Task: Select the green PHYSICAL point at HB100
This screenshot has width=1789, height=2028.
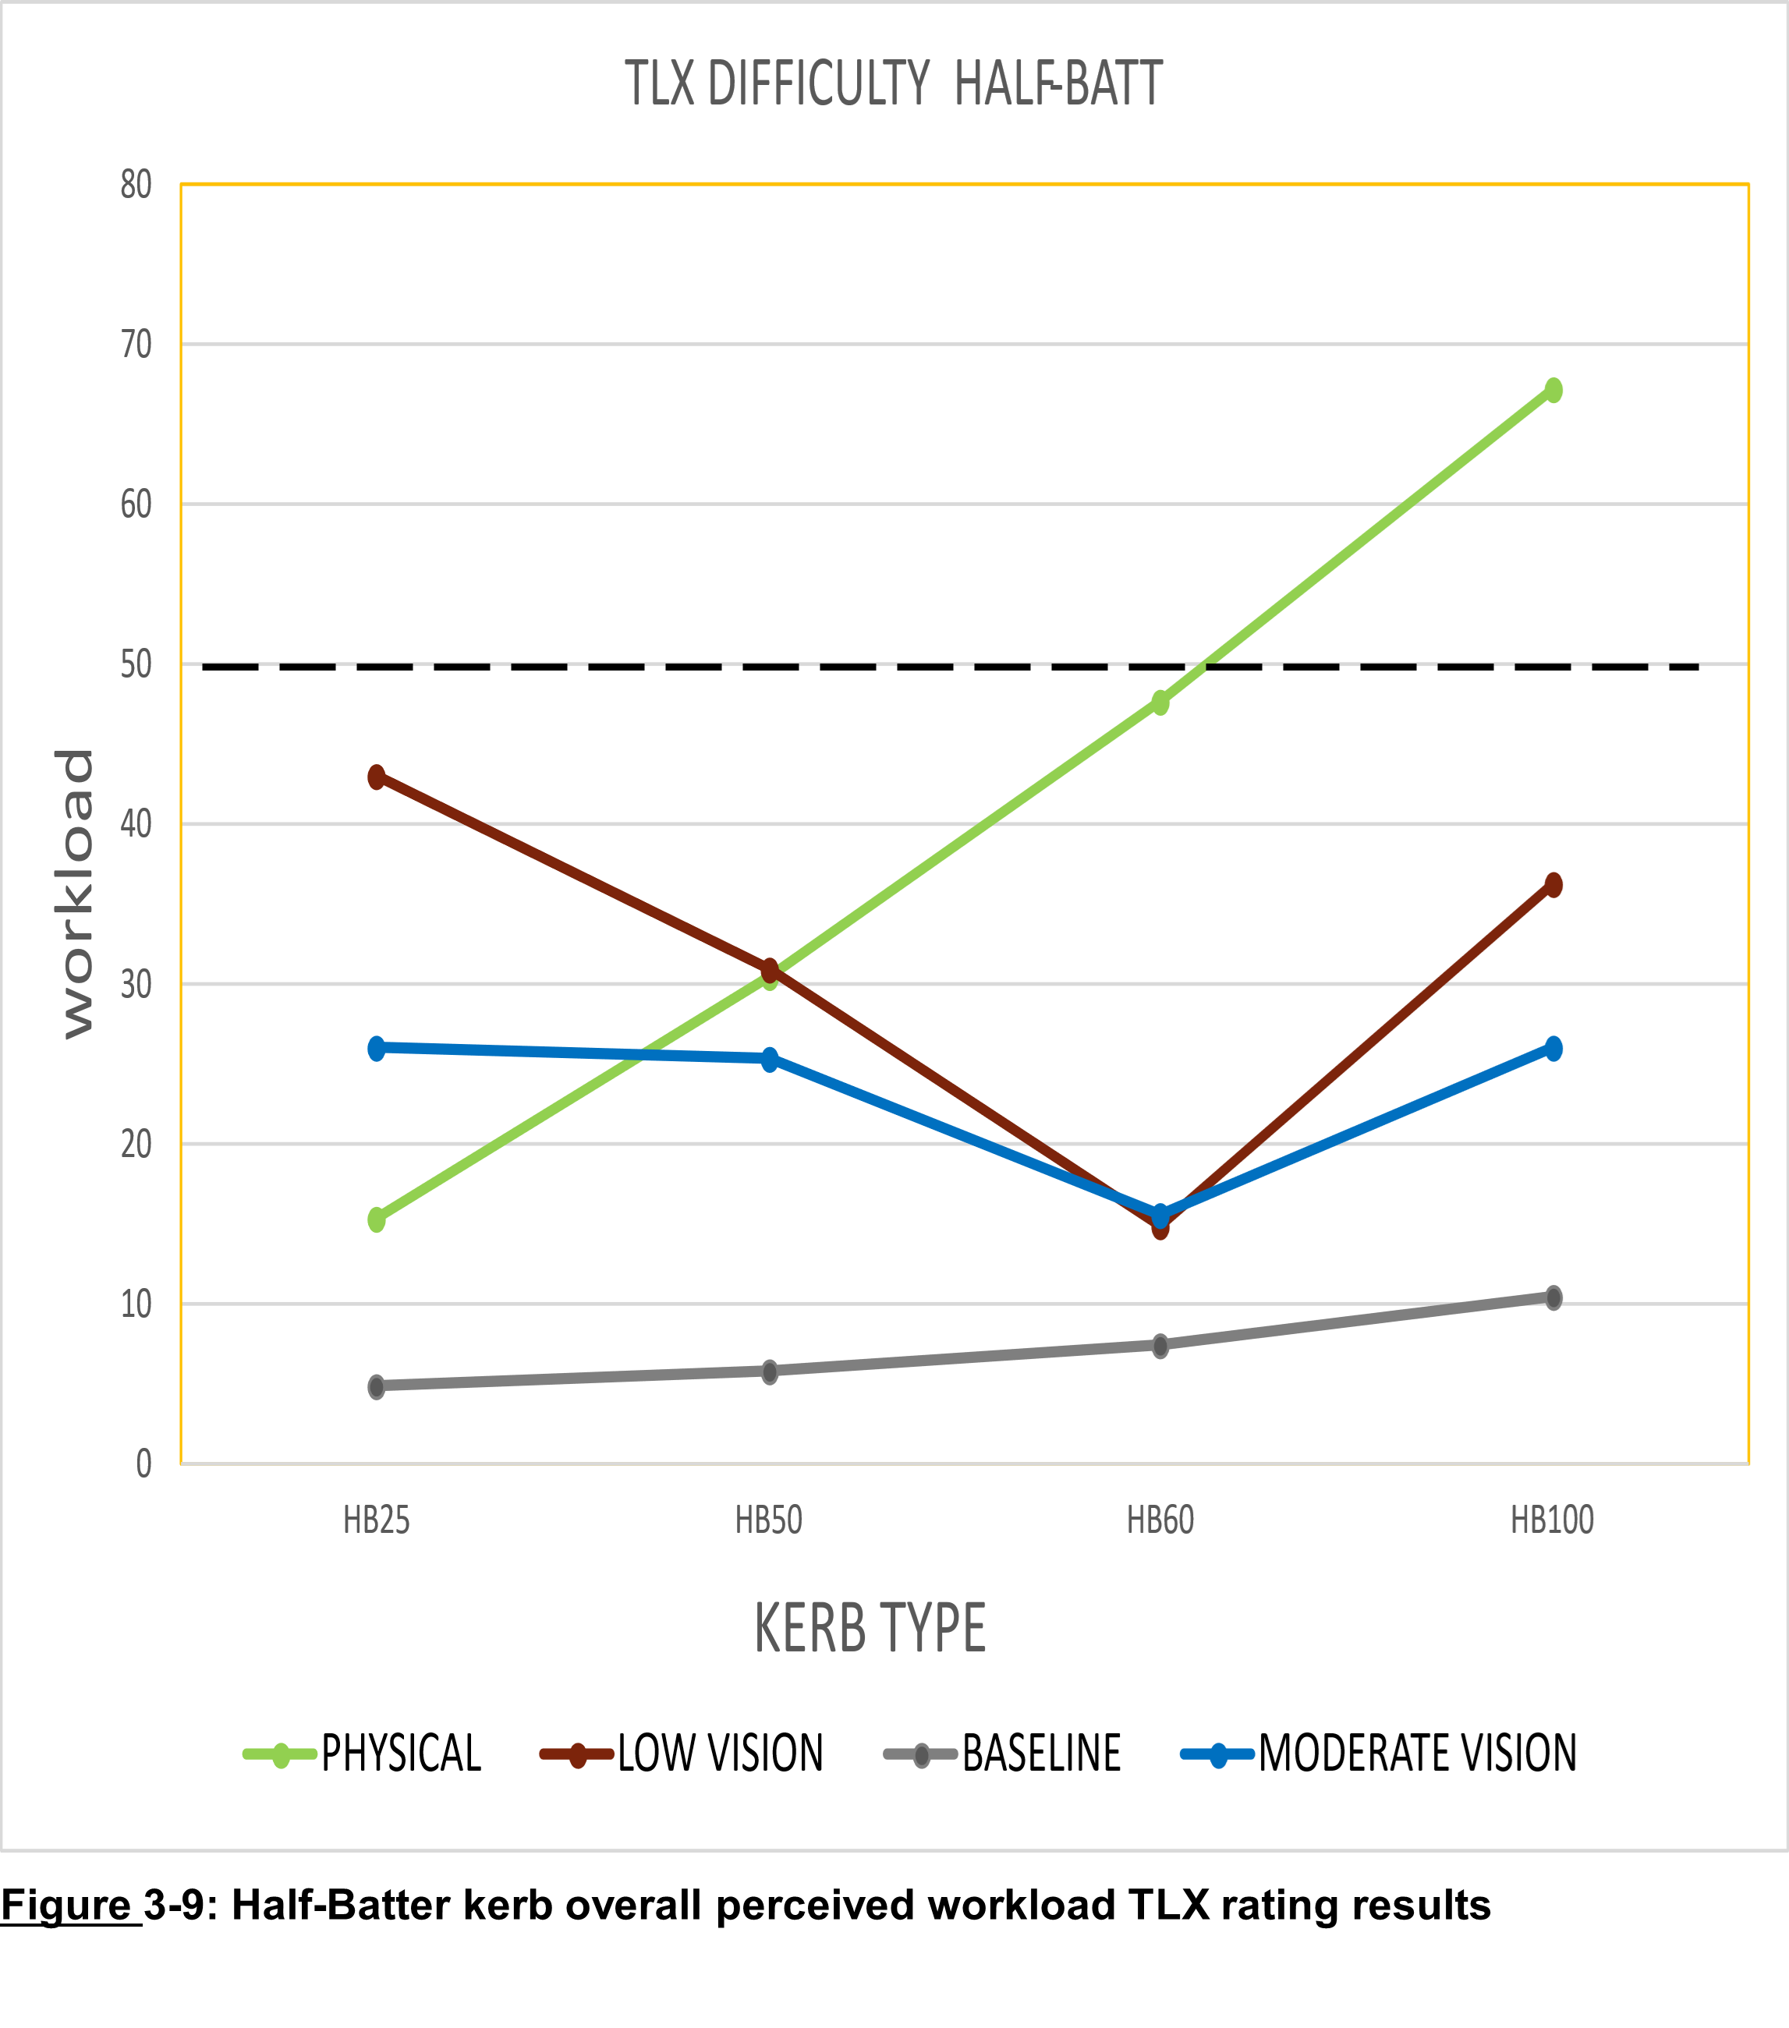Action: [x=1553, y=390]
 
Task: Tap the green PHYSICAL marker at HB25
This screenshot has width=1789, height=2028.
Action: [x=376, y=1219]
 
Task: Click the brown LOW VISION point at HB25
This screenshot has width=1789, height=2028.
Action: [x=376, y=777]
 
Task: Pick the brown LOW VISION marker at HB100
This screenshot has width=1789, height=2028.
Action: [x=1553, y=884]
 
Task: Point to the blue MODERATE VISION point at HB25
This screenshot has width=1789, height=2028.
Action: [x=376, y=1048]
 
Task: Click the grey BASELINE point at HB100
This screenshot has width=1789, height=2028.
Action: [x=1553, y=1297]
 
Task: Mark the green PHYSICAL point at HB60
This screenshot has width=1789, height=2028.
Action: [x=1160, y=703]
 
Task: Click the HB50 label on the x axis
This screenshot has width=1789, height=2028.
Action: [x=769, y=1520]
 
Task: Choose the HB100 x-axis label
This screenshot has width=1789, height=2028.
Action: [x=1552, y=1520]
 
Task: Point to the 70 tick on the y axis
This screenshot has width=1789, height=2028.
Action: [x=136, y=345]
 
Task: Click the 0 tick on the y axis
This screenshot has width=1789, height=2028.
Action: [x=143, y=1464]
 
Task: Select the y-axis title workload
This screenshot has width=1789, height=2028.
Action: [x=76, y=893]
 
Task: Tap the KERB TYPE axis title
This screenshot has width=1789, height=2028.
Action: [x=870, y=1628]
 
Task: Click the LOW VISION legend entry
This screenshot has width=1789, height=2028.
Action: [x=721, y=1754]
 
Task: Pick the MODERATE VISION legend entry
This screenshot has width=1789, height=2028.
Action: [x=1417, y=1754]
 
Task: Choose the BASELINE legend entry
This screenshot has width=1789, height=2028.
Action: [x=1041, y=1754]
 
